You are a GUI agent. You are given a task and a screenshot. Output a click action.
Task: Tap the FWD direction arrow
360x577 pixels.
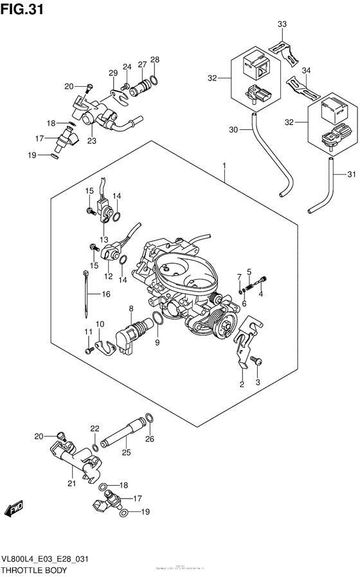[x=14, y=511]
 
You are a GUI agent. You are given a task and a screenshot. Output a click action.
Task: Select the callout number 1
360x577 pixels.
[x=224, y=166]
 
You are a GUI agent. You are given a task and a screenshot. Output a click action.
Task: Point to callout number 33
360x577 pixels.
[x=282, y=24]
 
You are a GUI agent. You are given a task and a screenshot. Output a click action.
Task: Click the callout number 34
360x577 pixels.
[x=307, y=70]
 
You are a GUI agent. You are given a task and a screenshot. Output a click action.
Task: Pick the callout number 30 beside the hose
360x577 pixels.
[x=233, y=129]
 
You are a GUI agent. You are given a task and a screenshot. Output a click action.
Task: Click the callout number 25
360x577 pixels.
[x=126, y=453]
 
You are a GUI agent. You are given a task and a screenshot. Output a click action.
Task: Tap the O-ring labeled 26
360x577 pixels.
[x=149, y=419]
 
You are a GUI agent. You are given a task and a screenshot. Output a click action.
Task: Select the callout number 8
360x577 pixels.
[x=130, y=309]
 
